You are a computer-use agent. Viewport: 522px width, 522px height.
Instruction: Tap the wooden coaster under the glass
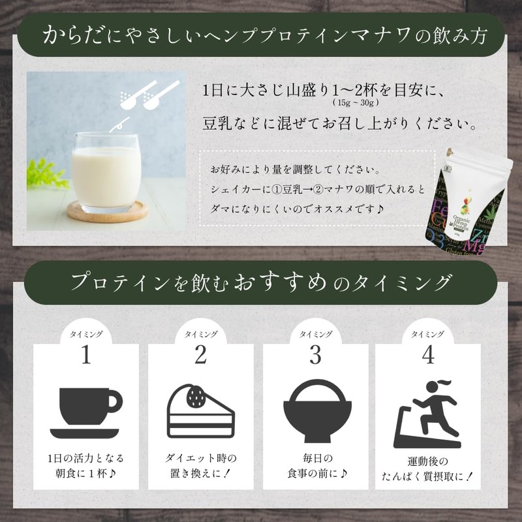pos(107,211)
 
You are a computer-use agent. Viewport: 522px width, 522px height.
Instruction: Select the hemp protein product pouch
pos(467,203)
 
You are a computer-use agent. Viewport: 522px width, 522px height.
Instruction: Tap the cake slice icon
pos(200,410)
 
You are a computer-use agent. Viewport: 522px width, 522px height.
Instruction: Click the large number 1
pos(85,356)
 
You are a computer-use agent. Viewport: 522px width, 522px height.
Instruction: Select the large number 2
pos(200,356)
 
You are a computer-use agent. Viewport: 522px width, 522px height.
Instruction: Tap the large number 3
pos(315,356)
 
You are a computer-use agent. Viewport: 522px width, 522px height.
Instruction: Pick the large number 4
pos(428,356)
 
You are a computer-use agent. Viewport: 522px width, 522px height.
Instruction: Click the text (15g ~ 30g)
pos(355,103)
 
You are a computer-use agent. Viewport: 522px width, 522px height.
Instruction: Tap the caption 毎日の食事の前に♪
pos(315,464)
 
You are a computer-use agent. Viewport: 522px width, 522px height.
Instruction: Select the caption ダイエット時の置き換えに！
pos(200,464)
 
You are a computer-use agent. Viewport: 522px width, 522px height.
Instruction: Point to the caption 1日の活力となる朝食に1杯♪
pos(86,464)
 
